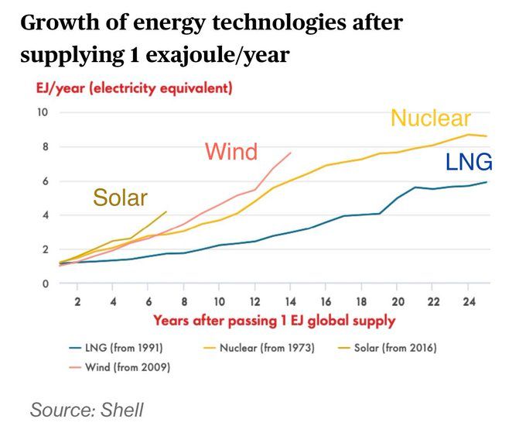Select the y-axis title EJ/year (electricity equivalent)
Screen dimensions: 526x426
(x=134, y=88)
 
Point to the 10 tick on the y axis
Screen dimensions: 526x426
(x=43, y=112)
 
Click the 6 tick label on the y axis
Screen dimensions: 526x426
(x=46, y=181)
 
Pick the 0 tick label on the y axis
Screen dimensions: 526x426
(x=46, y=284)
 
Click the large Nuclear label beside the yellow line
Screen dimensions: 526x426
(x=431, y=119)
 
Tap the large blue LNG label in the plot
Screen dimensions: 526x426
(x=469, y=162)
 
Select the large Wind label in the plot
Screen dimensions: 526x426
(x=231, y=152)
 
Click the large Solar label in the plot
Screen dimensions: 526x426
(x=120, y=198)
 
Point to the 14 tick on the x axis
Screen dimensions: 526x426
(x=290, y=302)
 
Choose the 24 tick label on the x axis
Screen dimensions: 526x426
(x=469, y=302)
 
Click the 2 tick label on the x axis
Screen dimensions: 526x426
(x=77, y=302)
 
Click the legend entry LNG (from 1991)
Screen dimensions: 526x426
(x=116, y=348)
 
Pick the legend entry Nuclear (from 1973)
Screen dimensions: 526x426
(x=259, y=348)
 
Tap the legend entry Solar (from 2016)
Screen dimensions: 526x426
(x=387, y=348)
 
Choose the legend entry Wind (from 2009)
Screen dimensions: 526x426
(x=120, y=367)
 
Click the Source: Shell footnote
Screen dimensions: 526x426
(x=87, y=410)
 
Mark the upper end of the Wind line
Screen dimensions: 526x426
(x=291, y=153)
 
